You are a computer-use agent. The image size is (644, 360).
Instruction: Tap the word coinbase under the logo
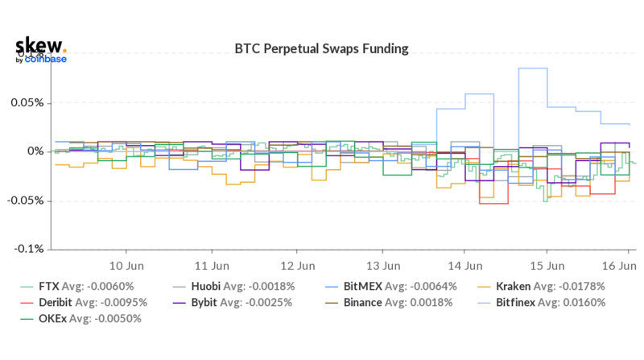click(45, 59)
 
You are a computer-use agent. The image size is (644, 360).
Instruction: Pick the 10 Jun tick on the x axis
click(126, 265)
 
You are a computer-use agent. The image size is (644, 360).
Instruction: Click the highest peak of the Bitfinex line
click(532, 68)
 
